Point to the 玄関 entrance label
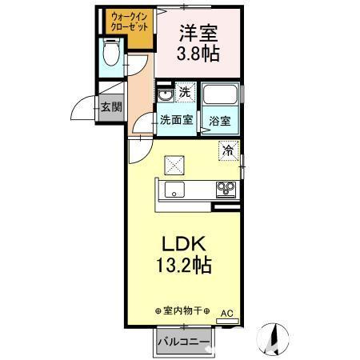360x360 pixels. pyautogui.click(x=107, y=107)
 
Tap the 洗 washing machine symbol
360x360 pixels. pyautogui.click(x=184, y=93)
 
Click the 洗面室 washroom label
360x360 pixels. pyautogui.click(x=174, y=121)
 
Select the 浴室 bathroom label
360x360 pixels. pyautogui.click(x=220, y=122)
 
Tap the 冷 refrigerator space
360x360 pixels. pyautogui.click(x=228, y=150)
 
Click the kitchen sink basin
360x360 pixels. pyautogui.click(x=174, y=190)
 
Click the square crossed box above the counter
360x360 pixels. pyautogui.click(x=174, y=164)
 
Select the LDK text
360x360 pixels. pyautogui.click(x=187, y=242)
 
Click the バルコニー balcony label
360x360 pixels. pyautogui.click(x=183, y=342)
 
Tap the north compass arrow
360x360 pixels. pyautogui.click(x=274, y=336)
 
